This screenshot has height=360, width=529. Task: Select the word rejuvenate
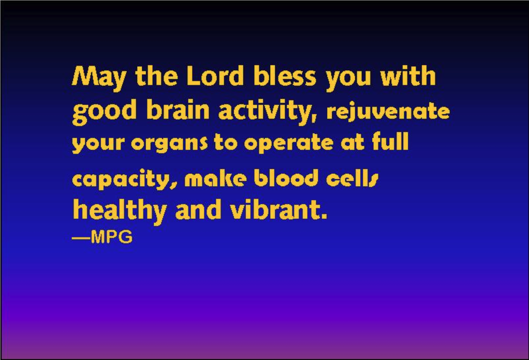pyautogui.click(x=388, y=112)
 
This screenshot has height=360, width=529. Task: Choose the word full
pyautogui.click(x=391, y=142)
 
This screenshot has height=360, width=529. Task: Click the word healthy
pyautogui.click(x=119, y=211)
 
